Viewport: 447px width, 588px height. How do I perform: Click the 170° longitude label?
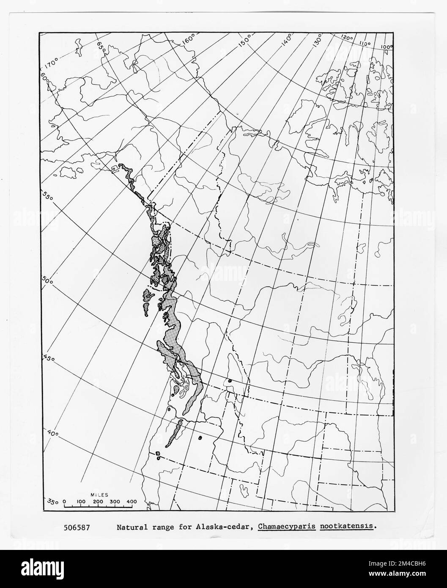point(52,65)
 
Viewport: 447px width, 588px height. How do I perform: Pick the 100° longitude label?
point(386,47)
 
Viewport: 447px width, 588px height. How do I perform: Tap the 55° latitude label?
point(49,195)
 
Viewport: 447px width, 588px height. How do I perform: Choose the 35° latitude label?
point(53,502)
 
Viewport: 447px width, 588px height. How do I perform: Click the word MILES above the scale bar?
point(99,495)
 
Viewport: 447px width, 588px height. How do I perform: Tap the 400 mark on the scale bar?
point(132,502)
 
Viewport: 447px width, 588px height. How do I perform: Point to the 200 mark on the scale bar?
point(98,502)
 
